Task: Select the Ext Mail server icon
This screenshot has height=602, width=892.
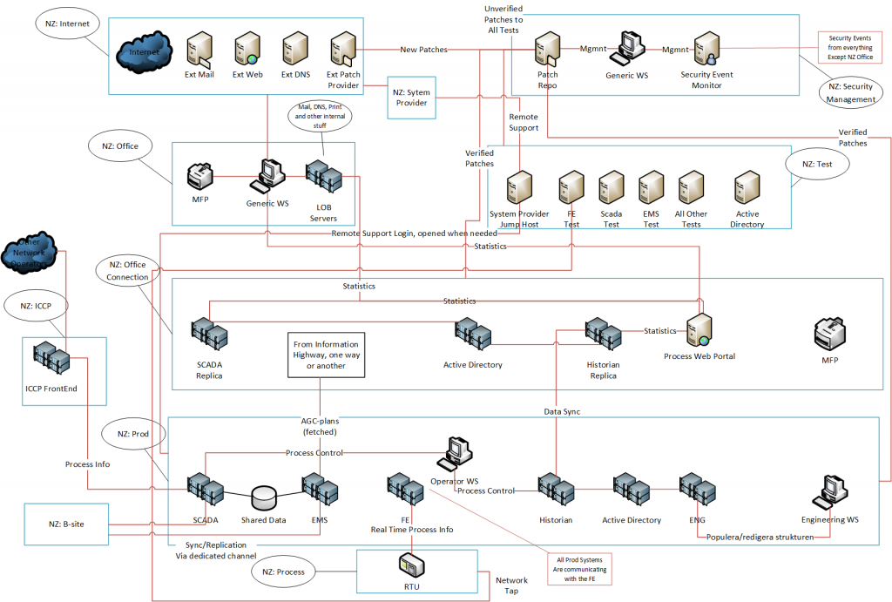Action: pos(200,49)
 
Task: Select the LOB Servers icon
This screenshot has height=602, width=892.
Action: pos(323,179)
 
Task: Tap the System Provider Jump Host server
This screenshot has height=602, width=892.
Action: pos(519,187)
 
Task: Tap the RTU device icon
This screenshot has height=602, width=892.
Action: pos(411,568)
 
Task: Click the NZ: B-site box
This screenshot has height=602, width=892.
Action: pos(65,524)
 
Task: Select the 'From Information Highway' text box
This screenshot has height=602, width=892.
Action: pos(325,354)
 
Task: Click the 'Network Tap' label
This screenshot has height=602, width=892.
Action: pos(511,585)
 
